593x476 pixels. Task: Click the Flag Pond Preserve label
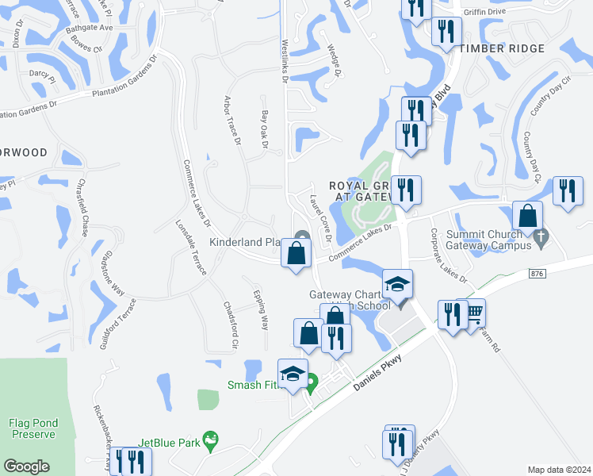[33, 428]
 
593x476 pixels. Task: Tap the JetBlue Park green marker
[210, 439]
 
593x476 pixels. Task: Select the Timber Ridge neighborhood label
[503, 49]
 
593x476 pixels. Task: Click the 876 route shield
[539, 273]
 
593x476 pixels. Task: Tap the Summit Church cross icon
[540, 236]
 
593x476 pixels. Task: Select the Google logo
[26, 466]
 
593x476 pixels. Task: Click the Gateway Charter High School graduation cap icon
[397, 284]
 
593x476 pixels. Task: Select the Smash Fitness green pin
[312, 383]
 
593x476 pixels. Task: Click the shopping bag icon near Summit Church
[527, 216]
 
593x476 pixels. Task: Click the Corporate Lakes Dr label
[449, 256]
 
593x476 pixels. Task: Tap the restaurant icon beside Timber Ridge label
[446, 31]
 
